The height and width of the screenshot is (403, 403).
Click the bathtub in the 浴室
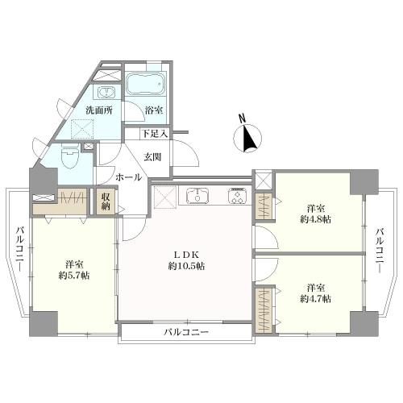pos(145,83)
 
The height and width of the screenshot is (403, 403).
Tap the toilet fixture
pos(69,157)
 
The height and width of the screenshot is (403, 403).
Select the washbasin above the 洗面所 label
pos(107,93)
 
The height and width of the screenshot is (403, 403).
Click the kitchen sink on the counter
pos(197,195)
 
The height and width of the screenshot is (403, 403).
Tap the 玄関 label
pos(152,157)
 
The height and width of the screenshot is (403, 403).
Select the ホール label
pos(129,177)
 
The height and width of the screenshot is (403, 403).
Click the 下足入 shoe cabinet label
pos(155,134)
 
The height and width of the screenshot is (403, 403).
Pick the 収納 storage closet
pos(106,201)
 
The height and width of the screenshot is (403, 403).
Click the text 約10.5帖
pos(187,266)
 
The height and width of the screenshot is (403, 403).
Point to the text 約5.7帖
pos(74,276)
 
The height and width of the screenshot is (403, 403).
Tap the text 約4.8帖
pos(315,219)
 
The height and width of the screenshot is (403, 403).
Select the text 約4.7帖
pos(315,299)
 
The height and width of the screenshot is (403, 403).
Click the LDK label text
pos(187,254)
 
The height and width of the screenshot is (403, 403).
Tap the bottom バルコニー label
pos(186,332)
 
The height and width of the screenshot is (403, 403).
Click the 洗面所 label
pos(99,110)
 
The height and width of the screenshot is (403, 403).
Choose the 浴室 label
pos(154,110)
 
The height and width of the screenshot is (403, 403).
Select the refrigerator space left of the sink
pos(165,197)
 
